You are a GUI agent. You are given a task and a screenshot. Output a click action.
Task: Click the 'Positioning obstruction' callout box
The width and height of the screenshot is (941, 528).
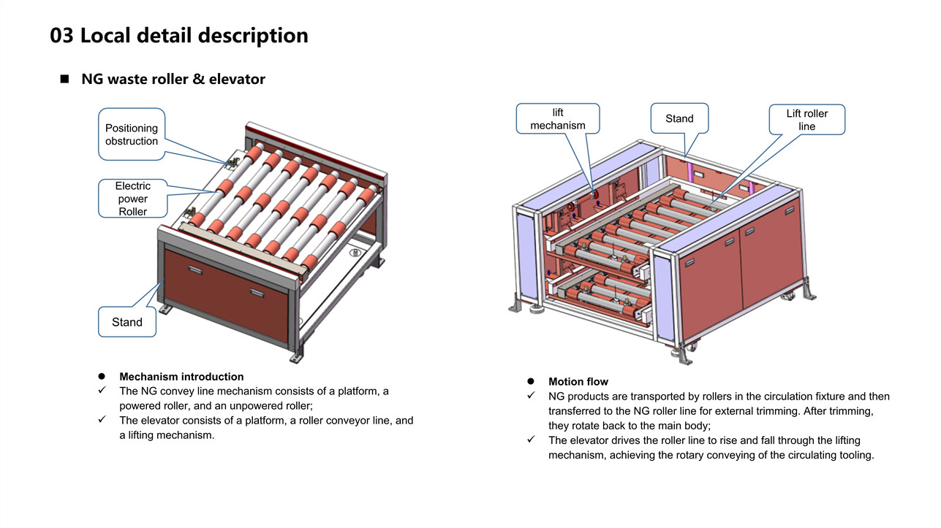pos(132,134)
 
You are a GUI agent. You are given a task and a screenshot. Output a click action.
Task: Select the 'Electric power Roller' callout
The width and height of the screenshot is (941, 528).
pos(133,199)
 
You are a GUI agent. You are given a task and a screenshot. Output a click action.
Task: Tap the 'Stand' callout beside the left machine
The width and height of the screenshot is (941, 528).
pos(127,322)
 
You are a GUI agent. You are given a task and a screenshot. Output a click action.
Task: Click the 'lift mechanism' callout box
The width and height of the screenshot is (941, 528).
pos(558,119)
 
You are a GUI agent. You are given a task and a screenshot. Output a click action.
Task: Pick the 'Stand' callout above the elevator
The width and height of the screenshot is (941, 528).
pos(679,118)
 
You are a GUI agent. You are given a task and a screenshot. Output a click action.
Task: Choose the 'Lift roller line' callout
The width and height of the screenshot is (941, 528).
pos(806,120)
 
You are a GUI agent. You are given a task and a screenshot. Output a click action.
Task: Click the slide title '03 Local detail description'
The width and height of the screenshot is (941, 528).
pos(179,35)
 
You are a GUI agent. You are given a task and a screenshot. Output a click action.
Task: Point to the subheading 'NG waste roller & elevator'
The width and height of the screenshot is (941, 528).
pos(173,79)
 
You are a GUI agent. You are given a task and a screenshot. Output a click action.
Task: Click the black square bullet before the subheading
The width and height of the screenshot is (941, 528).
pos(64,78)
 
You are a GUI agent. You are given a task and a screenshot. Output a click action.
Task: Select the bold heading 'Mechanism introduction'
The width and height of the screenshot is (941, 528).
pos(181,377)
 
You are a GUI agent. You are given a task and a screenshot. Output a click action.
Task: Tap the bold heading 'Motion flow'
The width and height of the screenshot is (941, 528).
pos(578,381)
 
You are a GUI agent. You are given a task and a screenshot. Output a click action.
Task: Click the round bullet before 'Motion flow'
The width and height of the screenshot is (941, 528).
pos(532,381)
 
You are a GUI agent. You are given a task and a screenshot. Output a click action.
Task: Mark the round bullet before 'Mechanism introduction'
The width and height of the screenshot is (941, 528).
pos(102,377)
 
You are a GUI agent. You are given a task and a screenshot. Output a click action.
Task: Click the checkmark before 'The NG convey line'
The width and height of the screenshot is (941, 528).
pos(103,391)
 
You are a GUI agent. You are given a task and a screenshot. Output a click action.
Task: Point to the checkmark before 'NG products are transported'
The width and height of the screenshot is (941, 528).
pos(532,396)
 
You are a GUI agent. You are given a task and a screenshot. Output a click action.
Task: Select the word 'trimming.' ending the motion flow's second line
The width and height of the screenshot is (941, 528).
pos(852,411)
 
